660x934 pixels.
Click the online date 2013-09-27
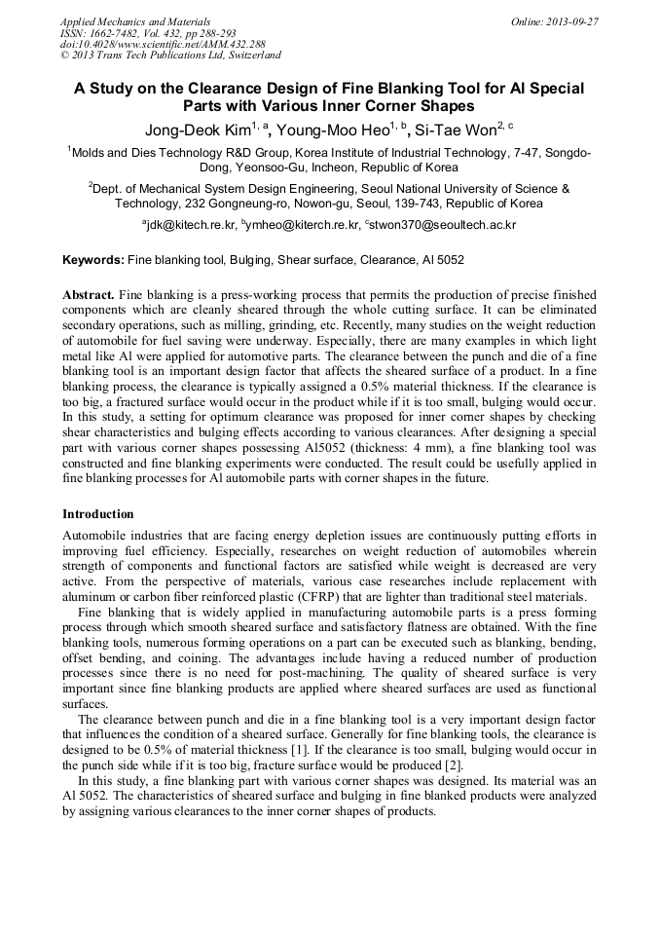571,21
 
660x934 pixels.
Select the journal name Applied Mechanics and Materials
135,21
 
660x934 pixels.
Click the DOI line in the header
163,45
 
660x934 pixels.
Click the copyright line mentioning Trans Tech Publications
170,56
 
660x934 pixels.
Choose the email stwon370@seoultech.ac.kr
443,225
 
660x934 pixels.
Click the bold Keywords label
93,260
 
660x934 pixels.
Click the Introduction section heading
98,514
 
